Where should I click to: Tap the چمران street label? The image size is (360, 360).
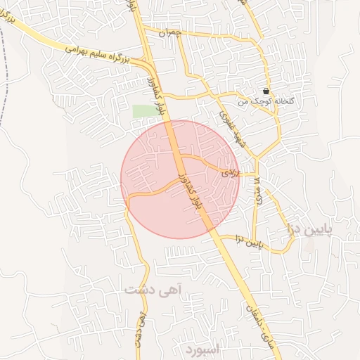point(169,33)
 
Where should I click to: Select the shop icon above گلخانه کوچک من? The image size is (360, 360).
point(266,91)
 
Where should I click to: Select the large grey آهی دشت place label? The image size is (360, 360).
point(153,289)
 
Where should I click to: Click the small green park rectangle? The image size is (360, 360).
point(143,111)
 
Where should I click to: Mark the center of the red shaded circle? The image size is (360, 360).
point(180,179)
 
